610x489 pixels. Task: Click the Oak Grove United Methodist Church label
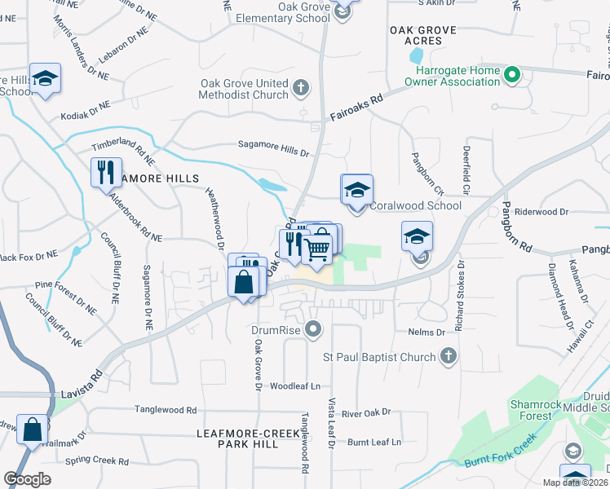245,89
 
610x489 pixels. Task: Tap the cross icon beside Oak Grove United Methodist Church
301,88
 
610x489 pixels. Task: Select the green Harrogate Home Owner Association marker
512,77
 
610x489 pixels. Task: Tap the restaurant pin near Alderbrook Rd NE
106,173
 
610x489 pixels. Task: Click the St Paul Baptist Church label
379,356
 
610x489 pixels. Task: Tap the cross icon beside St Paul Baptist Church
448,356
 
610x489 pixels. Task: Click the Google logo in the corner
27,478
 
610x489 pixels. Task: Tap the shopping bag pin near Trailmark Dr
33,430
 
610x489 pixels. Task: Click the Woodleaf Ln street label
295,385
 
